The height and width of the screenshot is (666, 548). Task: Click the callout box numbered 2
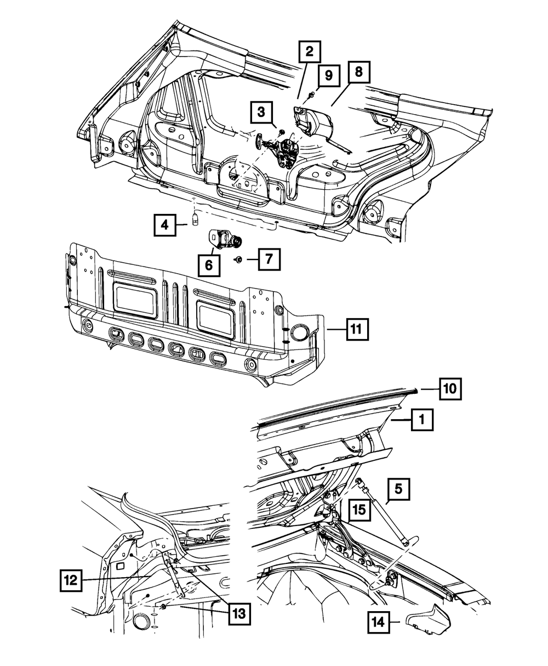310,52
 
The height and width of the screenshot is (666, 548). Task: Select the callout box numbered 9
328,76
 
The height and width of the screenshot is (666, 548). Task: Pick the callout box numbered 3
261,113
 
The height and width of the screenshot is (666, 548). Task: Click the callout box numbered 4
164,225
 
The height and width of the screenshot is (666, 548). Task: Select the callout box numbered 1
421,421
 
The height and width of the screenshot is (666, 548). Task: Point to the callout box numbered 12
72,579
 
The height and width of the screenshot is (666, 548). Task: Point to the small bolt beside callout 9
310,97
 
